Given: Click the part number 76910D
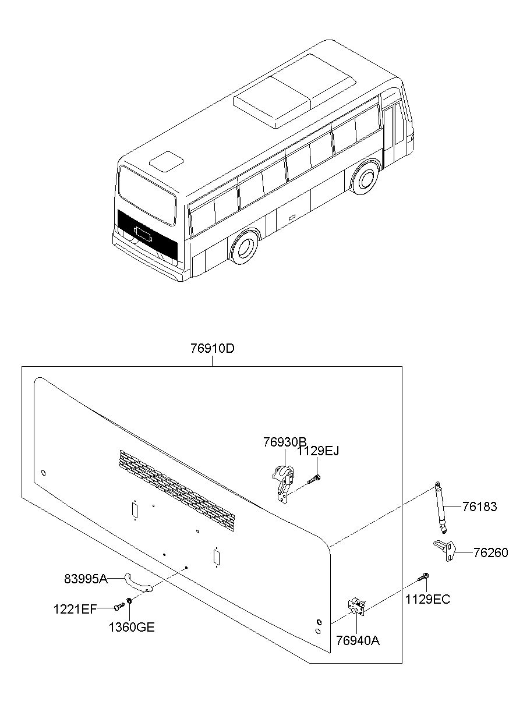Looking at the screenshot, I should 212,349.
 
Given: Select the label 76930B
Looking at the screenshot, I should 284,442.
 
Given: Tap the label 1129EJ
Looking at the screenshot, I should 317,451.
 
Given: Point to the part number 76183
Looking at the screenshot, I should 480,506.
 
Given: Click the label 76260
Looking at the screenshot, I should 490,552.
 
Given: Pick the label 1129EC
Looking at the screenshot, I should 427,599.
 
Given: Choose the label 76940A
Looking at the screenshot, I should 358,640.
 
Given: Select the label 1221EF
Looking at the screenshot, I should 75,609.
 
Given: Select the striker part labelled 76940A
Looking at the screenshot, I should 358,605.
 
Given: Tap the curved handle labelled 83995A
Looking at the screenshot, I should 137,583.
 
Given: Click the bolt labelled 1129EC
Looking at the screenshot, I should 423,578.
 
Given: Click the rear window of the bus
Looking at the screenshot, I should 147,194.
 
